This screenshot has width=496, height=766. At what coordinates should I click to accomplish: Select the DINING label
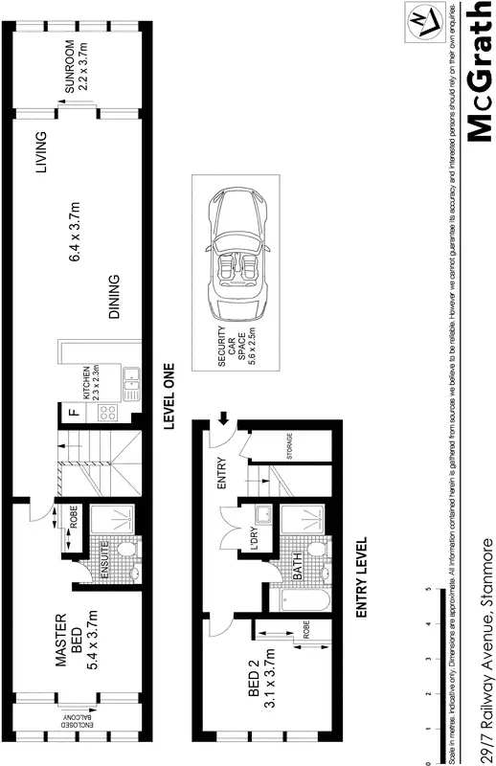114,298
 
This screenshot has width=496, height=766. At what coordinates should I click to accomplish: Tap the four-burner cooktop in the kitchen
106,414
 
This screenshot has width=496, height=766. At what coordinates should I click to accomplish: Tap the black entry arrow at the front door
222,417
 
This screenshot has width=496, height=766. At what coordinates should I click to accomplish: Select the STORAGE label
287,448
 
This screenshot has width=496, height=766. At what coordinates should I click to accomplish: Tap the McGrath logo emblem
421,22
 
